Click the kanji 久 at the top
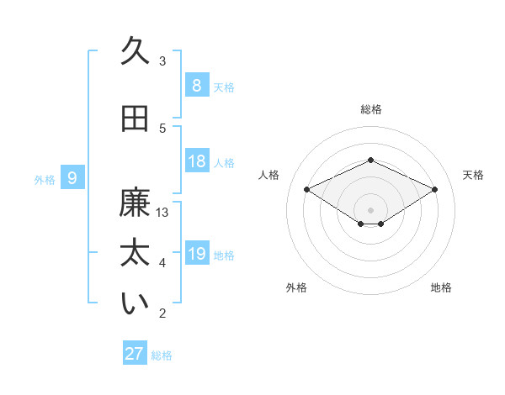point(135,51)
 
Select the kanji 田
point(135,119)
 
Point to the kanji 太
point(135,255)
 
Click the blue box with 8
point(196,86)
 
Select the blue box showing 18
point(196,161)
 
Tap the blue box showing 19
point(196,254)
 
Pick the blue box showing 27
point(134,354)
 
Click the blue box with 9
point(72,177)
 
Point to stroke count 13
point(162,213)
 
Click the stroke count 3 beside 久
point(162,61)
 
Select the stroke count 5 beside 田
point(162,128)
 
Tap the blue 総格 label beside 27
point(162,355)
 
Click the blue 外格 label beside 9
point(45,179)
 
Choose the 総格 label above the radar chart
point(370,109)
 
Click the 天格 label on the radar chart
point(473,175)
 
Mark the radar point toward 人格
point(306,190)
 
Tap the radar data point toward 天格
point(434,190)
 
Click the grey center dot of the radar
point(370,208)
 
